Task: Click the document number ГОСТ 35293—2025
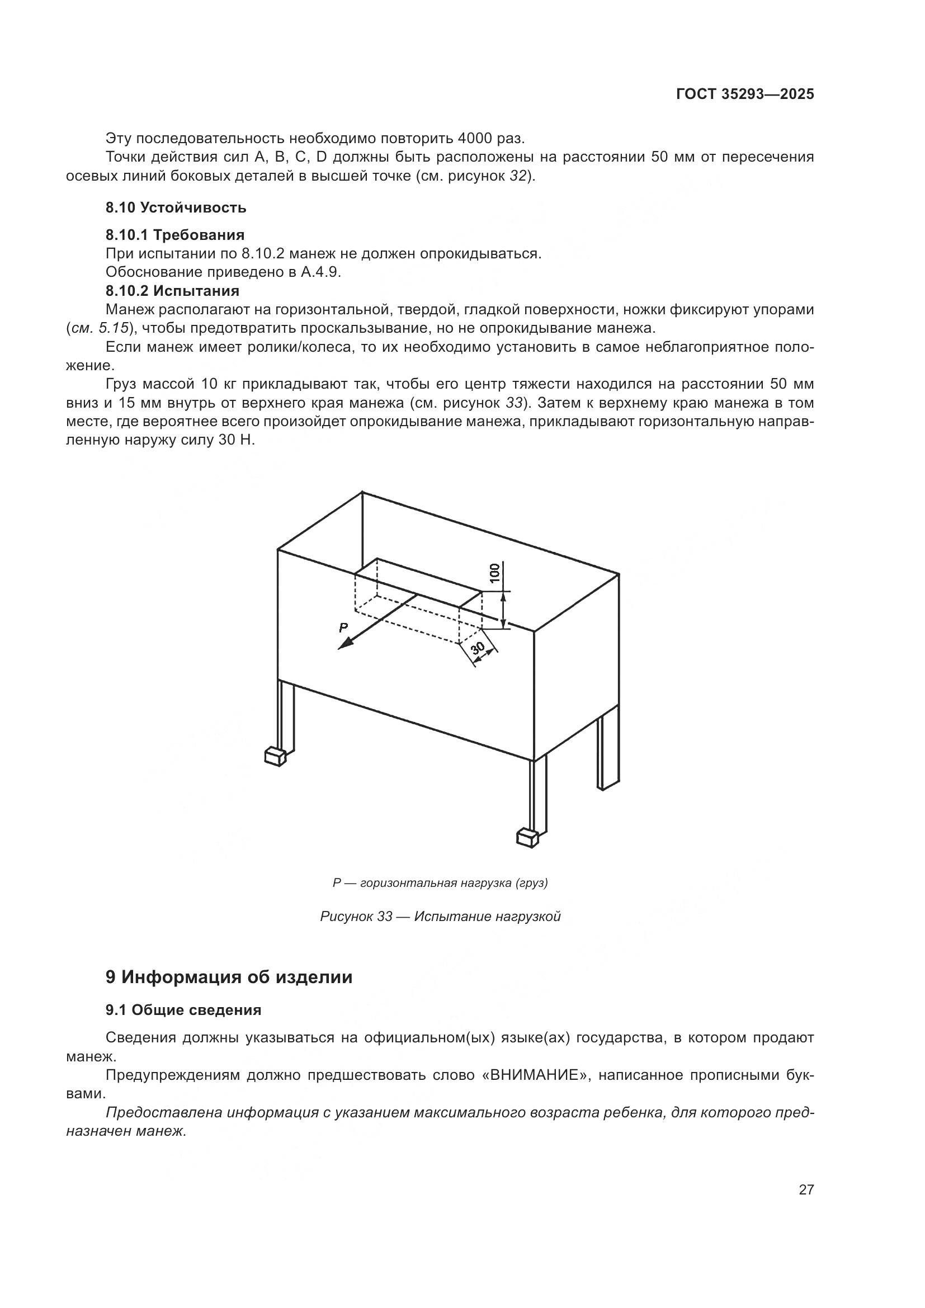(x=745, y=95)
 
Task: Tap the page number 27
(x=806, y=1189)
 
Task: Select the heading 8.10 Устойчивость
(x=176, y=207)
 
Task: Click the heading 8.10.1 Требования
(x=175, y=235)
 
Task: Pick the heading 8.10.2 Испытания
(x=173, y=291)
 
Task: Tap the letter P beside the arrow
(x=343, y=628)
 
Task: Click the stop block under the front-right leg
(x=527, y=838)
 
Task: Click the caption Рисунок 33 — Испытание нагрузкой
(x=440, y=917)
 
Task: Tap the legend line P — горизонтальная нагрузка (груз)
(x=440, y=883)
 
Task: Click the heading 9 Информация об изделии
(x=229, y=978)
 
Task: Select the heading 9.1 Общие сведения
(x=183, y=1010)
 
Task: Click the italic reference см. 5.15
(x=99, y=329)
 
